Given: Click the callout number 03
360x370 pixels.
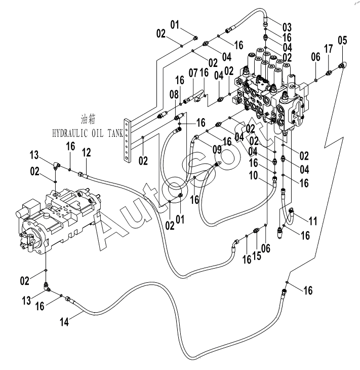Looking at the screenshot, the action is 287,27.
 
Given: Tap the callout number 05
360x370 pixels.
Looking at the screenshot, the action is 342,41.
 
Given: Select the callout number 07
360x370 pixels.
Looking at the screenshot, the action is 193,73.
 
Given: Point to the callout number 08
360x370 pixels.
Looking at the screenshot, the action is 174,95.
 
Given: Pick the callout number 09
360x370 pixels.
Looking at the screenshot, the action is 217,149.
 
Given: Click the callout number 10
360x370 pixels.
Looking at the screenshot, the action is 254,175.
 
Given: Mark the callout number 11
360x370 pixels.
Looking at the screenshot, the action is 313,221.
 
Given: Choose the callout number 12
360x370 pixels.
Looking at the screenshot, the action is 87,153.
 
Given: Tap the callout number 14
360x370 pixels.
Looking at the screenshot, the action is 64,322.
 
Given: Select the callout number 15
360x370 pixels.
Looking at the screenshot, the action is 257,255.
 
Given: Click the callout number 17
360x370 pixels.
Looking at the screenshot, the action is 329,49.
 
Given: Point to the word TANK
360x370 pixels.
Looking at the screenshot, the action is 115,133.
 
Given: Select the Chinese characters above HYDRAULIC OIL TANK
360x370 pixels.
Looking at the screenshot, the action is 88,119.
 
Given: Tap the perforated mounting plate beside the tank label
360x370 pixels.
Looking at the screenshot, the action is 127,141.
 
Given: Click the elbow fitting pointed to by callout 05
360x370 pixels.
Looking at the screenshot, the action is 342,65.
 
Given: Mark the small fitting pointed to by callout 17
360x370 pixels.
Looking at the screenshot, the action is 329,73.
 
